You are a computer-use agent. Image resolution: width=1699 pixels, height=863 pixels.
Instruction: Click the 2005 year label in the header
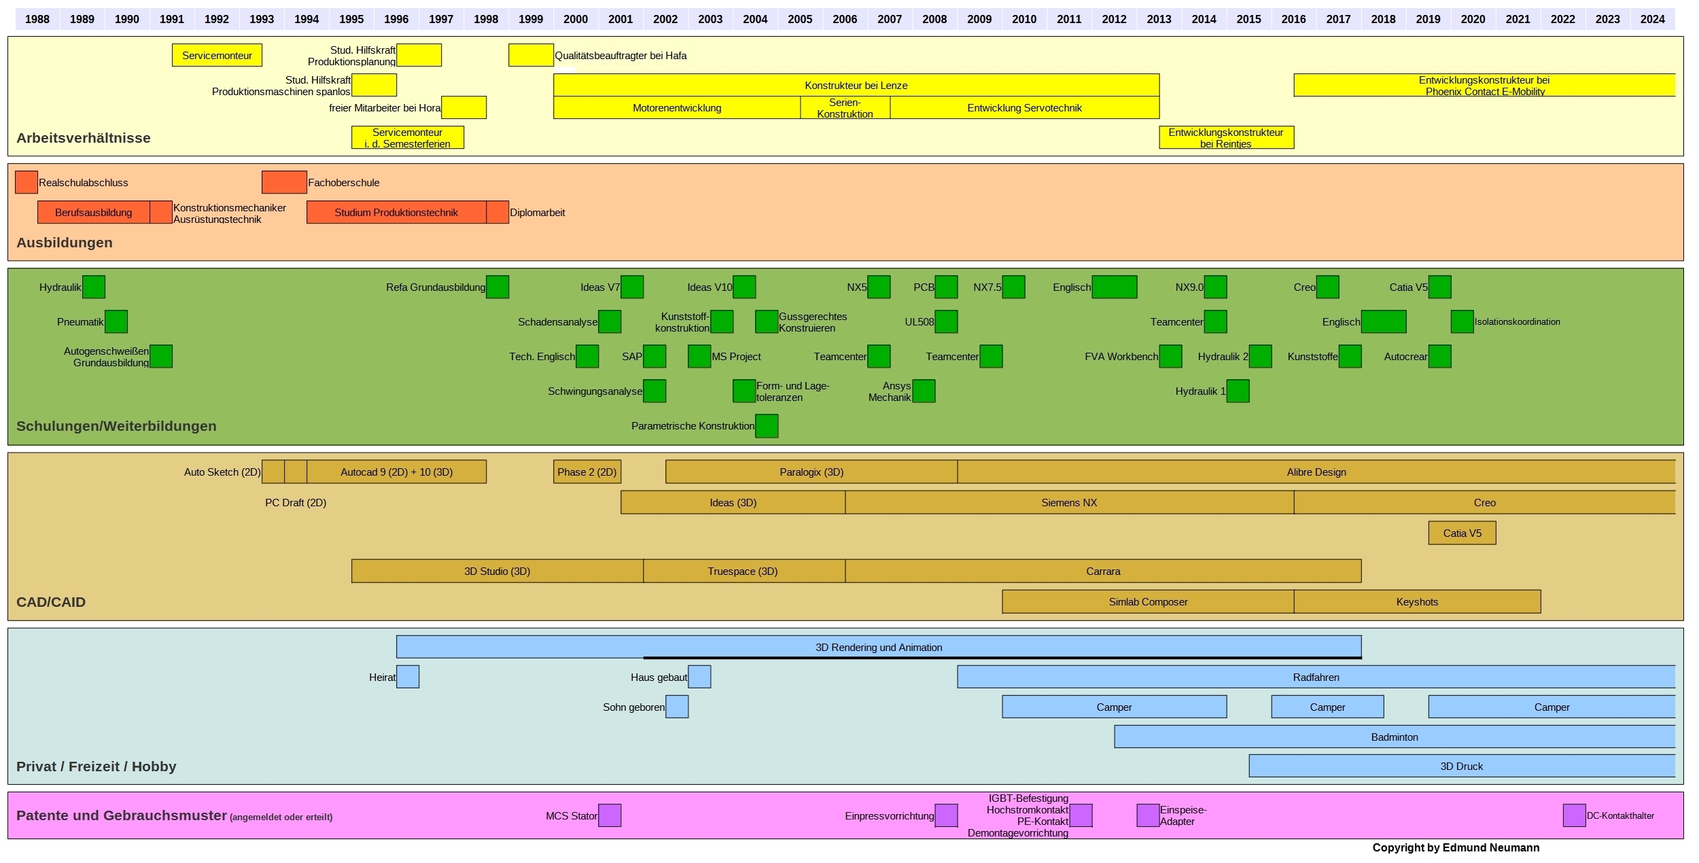pos(800,19)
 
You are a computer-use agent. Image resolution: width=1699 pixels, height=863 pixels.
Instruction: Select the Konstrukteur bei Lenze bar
pos(856,86)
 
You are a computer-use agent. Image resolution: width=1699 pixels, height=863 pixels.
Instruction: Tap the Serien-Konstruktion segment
pos(845,108)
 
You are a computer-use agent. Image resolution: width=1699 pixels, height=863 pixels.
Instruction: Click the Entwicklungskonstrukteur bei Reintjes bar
pos(1225,138)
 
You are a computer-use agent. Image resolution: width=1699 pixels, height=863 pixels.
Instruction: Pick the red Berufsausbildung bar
pos(93,213)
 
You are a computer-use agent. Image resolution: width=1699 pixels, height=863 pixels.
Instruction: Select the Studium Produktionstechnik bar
pos(396,213)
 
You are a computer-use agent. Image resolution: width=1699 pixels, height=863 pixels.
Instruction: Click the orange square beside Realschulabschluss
pos(26,182)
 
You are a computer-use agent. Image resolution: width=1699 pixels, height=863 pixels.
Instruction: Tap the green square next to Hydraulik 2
pos(1260,357)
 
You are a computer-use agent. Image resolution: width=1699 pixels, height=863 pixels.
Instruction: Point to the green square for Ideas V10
pos(744,287)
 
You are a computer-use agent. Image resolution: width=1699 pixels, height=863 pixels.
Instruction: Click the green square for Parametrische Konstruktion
pos(767,426)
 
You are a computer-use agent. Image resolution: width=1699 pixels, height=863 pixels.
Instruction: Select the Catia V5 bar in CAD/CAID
pos(1462,533)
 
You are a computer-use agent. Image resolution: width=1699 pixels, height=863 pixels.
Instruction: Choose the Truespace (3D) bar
pos(743,571)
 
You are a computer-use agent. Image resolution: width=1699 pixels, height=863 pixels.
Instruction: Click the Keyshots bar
pos(1417,602)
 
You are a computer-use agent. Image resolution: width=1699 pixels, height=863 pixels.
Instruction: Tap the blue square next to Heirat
pos(408,677)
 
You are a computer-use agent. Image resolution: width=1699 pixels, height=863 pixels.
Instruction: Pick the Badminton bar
pos(1395,737)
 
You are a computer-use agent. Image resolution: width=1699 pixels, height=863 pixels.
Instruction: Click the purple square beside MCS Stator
pos(610,815)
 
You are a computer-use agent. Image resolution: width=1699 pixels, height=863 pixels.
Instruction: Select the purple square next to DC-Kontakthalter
pos(1574,815)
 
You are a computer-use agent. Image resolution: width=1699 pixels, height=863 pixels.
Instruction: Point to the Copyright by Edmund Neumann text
pos(1456,847)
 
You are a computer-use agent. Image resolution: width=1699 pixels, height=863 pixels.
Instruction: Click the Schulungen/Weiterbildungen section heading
pos(116,426)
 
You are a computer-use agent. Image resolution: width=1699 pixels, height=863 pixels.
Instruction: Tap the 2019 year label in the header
pos(1428,19)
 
